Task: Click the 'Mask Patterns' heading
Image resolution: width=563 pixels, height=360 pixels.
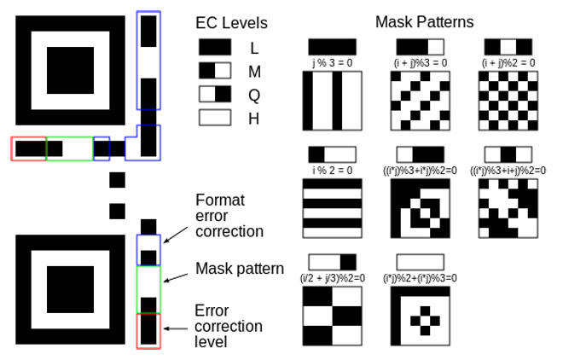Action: [424, 21]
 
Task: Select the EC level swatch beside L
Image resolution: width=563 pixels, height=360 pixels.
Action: [214, 48]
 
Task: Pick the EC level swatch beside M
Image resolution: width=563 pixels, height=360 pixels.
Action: [214, 71]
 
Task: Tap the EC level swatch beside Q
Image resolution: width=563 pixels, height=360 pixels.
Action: [214, 95]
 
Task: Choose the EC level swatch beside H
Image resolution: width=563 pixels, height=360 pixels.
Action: [214, 119]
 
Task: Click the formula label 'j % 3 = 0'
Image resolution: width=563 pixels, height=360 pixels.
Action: [333, 62]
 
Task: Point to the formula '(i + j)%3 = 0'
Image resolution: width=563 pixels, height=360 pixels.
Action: [421, 62]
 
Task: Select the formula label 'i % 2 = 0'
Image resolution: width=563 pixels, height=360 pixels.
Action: [333, 169]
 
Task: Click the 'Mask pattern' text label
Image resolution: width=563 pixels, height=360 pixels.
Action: [240, 270]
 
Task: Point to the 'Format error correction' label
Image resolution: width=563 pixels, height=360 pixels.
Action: [229, 215]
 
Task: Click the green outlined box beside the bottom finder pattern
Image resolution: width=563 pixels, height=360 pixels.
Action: [148, 290]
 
